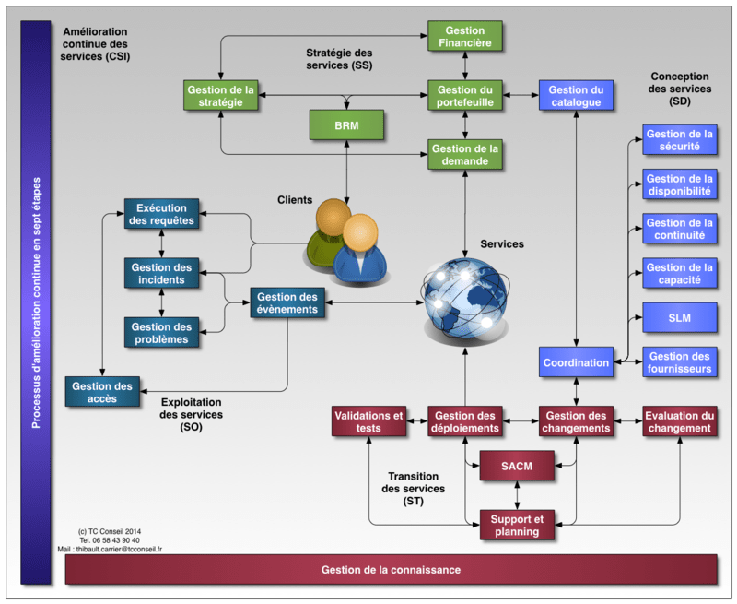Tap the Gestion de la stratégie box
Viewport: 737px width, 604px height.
click(x=221, y=96)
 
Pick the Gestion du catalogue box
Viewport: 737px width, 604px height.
click(x=577, y=96)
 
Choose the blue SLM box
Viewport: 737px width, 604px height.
click(x=680, y=317)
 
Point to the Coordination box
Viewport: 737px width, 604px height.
click(x=577, y=362)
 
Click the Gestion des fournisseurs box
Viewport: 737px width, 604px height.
click(x=680, y=362)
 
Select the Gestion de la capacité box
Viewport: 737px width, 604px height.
click(x=680, y=274)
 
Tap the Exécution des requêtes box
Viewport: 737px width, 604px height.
click(x=162, y=215)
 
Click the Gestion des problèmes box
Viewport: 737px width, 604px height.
click(x=162, y=333)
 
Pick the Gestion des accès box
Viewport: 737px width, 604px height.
click(x=102, y=392)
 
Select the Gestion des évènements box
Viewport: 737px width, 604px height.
click(x=287, y=303)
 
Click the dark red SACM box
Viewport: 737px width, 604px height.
click(x=518, y=467)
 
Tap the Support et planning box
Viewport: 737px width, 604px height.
click(x=518, y=526)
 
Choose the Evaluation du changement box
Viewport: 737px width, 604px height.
click(x=679, y=421)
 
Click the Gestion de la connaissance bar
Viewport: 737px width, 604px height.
click(x=391, y=570)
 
